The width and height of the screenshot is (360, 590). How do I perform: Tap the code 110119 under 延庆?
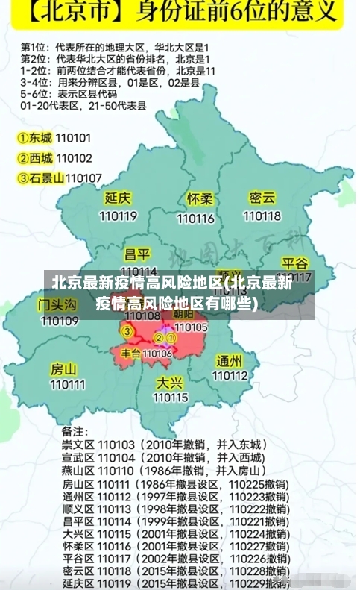point(118,216)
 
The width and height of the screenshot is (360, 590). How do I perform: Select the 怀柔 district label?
point(200,199)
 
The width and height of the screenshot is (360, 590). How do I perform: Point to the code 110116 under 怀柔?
point(195,219)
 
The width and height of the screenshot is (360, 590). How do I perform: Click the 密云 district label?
point(262,198)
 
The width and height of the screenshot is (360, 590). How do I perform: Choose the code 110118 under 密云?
point(262,216)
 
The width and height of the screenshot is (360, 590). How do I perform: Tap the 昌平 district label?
point(137,254)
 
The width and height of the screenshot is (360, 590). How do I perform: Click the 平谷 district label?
point(294,263)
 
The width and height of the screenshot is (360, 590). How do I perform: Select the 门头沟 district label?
point(57,304)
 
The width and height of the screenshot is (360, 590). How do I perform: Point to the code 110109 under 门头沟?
point(60,321)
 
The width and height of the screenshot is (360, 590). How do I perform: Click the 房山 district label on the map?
point(63,369)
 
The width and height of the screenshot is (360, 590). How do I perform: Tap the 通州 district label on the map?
point(230,360)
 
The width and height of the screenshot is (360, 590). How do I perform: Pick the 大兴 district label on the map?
point(170,382)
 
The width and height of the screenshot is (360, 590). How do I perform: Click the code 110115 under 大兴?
point(171,398)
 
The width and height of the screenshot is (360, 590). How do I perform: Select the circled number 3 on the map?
point(127,330)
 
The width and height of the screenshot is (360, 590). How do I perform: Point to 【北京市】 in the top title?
point(69,15)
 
